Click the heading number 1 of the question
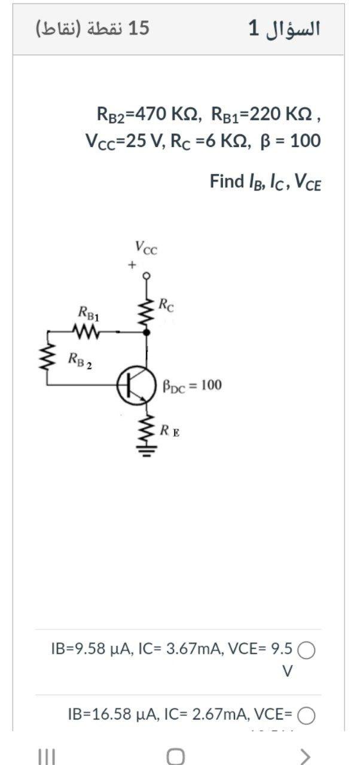point(254,28)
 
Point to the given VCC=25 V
point(120,141)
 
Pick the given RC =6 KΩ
point(206,141)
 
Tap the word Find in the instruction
point(225,181)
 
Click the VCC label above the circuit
point(146,246)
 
